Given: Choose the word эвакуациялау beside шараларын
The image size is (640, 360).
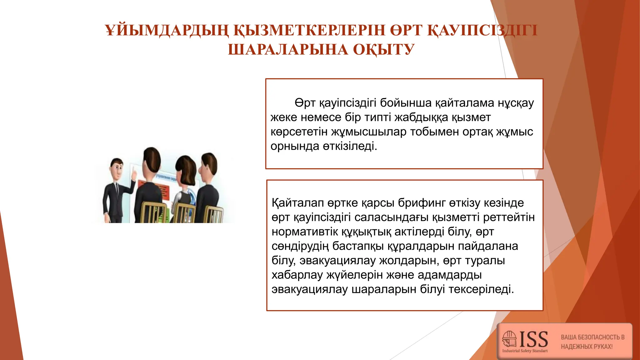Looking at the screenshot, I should (309, 289).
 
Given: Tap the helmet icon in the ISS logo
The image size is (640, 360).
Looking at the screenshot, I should (509, 339).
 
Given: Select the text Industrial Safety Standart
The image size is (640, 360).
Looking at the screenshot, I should (525, 351).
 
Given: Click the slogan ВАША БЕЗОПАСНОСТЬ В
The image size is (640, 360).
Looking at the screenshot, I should (592, 337).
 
